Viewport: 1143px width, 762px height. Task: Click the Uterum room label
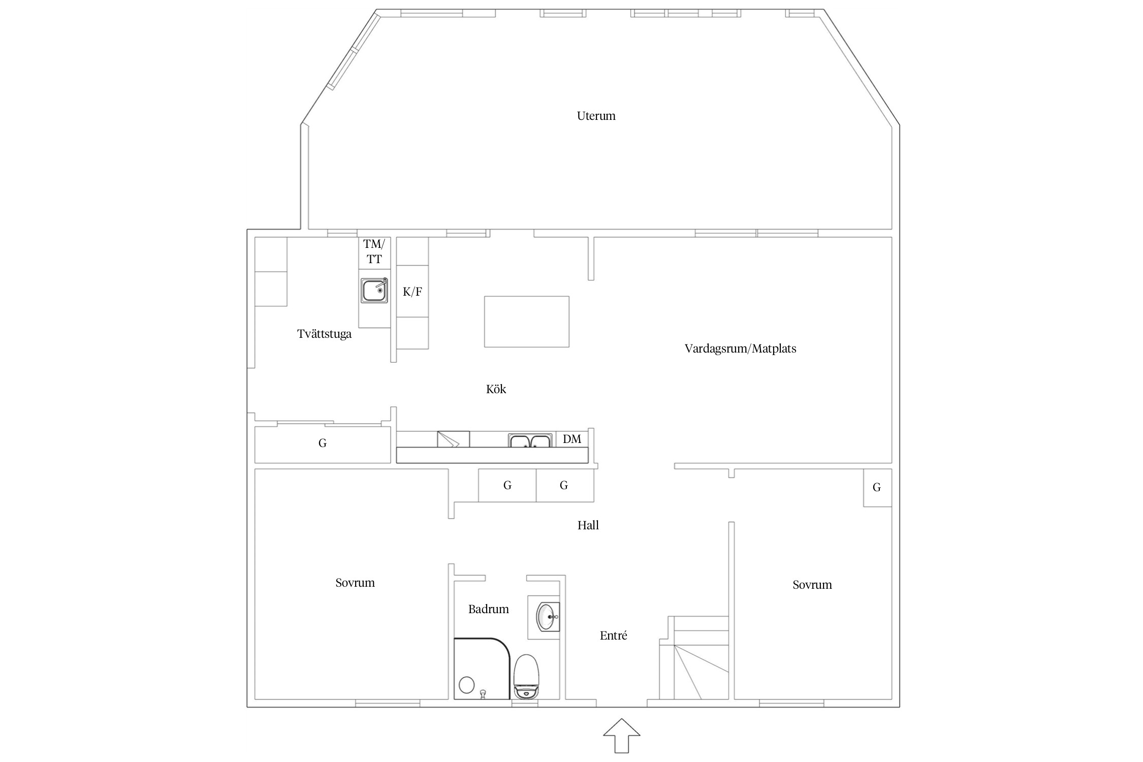596,116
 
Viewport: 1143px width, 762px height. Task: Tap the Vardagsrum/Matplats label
740,348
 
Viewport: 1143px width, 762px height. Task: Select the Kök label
496,389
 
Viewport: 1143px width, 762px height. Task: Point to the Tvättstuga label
324,334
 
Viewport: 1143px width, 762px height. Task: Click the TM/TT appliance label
374,251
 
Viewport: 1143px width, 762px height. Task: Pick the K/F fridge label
412,292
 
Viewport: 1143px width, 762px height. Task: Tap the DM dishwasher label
572,439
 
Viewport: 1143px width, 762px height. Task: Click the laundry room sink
375,290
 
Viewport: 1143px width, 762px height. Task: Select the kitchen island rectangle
527,322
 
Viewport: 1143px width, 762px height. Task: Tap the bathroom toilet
526,676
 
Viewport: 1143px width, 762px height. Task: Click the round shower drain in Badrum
467,685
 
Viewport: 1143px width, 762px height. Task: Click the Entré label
614,636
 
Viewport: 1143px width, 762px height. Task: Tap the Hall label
588,525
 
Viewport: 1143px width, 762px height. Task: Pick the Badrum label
489,609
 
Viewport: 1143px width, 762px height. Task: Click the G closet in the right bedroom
877,488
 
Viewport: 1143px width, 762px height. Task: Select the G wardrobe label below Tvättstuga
323,443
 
